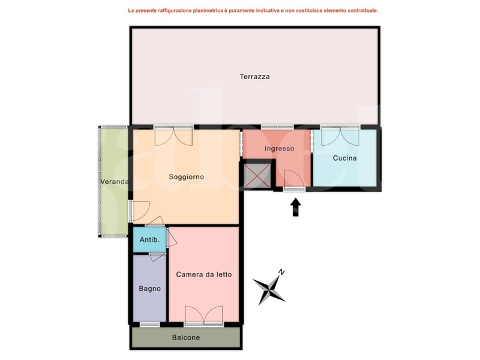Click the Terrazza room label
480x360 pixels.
254,77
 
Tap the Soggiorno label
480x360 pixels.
187,177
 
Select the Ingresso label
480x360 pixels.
279,149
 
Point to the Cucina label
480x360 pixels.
344,158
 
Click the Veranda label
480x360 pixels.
114,182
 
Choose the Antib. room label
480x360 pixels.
149,239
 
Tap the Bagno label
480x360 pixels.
149,289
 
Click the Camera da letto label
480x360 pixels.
204,275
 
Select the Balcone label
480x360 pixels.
186,338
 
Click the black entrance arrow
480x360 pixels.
295,207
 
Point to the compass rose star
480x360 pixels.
269,290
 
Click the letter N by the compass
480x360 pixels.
281,272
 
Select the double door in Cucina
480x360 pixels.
340,137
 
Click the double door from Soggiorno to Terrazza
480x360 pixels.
173,137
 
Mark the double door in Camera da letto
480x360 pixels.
204,314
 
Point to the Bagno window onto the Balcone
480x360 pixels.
149,325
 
